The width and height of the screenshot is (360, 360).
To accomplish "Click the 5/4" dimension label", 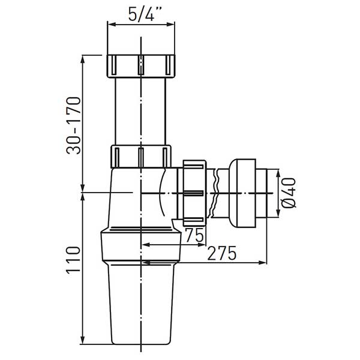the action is [144, 14].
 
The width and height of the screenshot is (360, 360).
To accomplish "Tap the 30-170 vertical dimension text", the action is [74, 125].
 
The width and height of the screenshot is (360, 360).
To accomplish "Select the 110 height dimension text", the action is [74, 260].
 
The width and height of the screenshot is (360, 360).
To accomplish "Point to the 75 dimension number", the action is [194, 235].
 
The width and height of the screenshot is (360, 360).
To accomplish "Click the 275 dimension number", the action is [221, 253].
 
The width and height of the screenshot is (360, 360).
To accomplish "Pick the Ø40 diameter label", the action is [289, 193].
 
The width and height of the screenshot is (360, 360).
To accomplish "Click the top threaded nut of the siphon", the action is [141, 66].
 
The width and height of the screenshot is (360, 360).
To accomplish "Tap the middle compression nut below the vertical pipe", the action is [141, 157].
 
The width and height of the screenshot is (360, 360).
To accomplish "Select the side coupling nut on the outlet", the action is [194, 193].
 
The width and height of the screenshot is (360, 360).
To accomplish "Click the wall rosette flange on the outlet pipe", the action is [242, 193].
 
